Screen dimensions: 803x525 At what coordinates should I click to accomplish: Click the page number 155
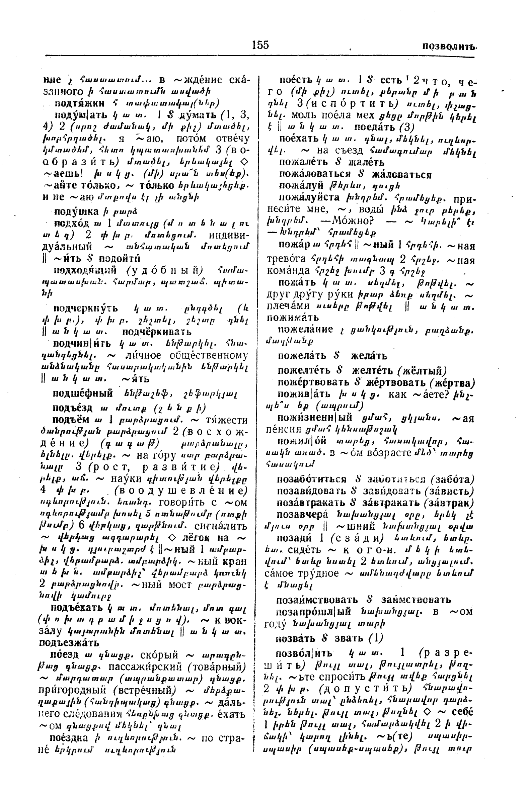[260, 45]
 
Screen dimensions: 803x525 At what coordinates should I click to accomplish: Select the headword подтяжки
[79, 103]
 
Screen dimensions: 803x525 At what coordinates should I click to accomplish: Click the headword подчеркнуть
[85, 308]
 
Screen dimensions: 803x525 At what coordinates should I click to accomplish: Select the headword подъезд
[72, 408]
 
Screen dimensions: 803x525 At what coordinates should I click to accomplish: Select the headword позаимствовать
[317, 600]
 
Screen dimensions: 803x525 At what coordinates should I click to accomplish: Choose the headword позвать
[295, 638]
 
